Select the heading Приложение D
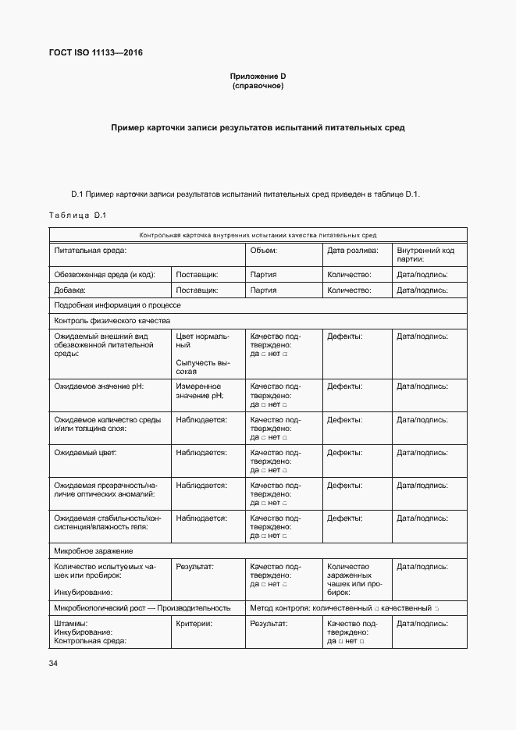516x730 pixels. click(x=258, y=76)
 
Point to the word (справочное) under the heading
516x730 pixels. click(x=258, y=86)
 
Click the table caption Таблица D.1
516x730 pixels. click(x=77, y=215)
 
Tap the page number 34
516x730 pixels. click(x=53, y=664)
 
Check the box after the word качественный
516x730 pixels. click(x=437, y=608)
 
